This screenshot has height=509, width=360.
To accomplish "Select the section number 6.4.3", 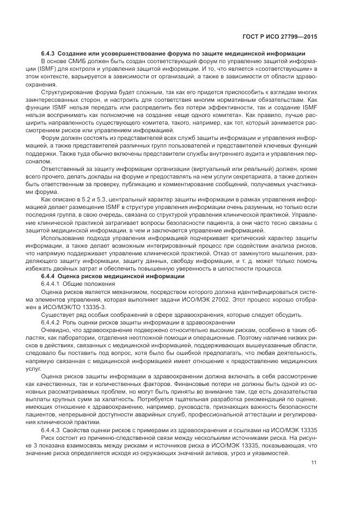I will coord(48,53).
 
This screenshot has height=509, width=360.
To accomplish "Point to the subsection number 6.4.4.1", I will coord(51,284).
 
